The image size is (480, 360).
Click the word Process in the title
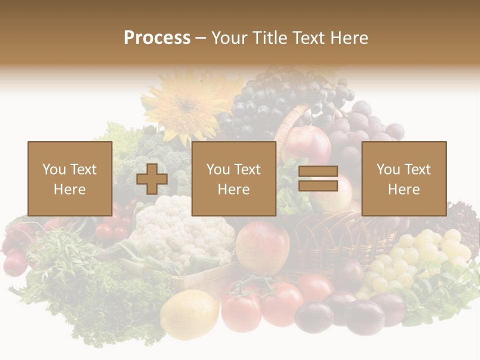[157, 37]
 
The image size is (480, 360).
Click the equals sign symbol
[318, 179]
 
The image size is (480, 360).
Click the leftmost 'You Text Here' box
[70, 178]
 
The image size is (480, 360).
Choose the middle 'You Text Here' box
[233, 178]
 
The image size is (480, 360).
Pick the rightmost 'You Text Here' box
[403, 178]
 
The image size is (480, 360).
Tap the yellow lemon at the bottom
[189, 315]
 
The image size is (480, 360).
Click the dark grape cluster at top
[280, 100]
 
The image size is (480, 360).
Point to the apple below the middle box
[262, 247]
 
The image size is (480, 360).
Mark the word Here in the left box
[69, 189]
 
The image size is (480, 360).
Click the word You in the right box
[388, 169]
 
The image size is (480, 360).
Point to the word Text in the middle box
[247, 169]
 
